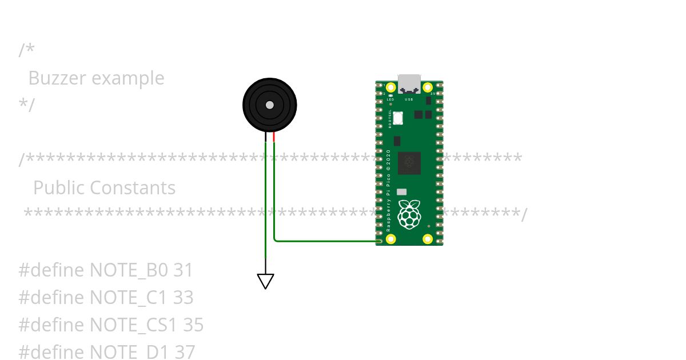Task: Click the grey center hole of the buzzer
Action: [x=269, y=105]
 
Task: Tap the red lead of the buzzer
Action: [x=274, y=137]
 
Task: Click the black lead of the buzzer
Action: [x=265, y=137]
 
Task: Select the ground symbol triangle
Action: [x=265, y=281]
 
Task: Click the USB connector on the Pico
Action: [x=409, y=83]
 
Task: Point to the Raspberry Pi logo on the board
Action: [x=409, y=214]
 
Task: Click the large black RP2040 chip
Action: [x=409, y=163]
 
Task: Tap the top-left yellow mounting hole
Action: [x=391, y=88]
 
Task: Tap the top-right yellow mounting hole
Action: [x=428, y=88]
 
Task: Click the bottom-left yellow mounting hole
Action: [x=391, y=239]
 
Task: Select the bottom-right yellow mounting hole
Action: [x=428, y=239]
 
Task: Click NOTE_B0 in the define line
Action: [x=129, y=270]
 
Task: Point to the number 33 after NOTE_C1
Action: [x=184, y=298]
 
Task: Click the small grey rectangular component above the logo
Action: [x=402, y=193]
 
